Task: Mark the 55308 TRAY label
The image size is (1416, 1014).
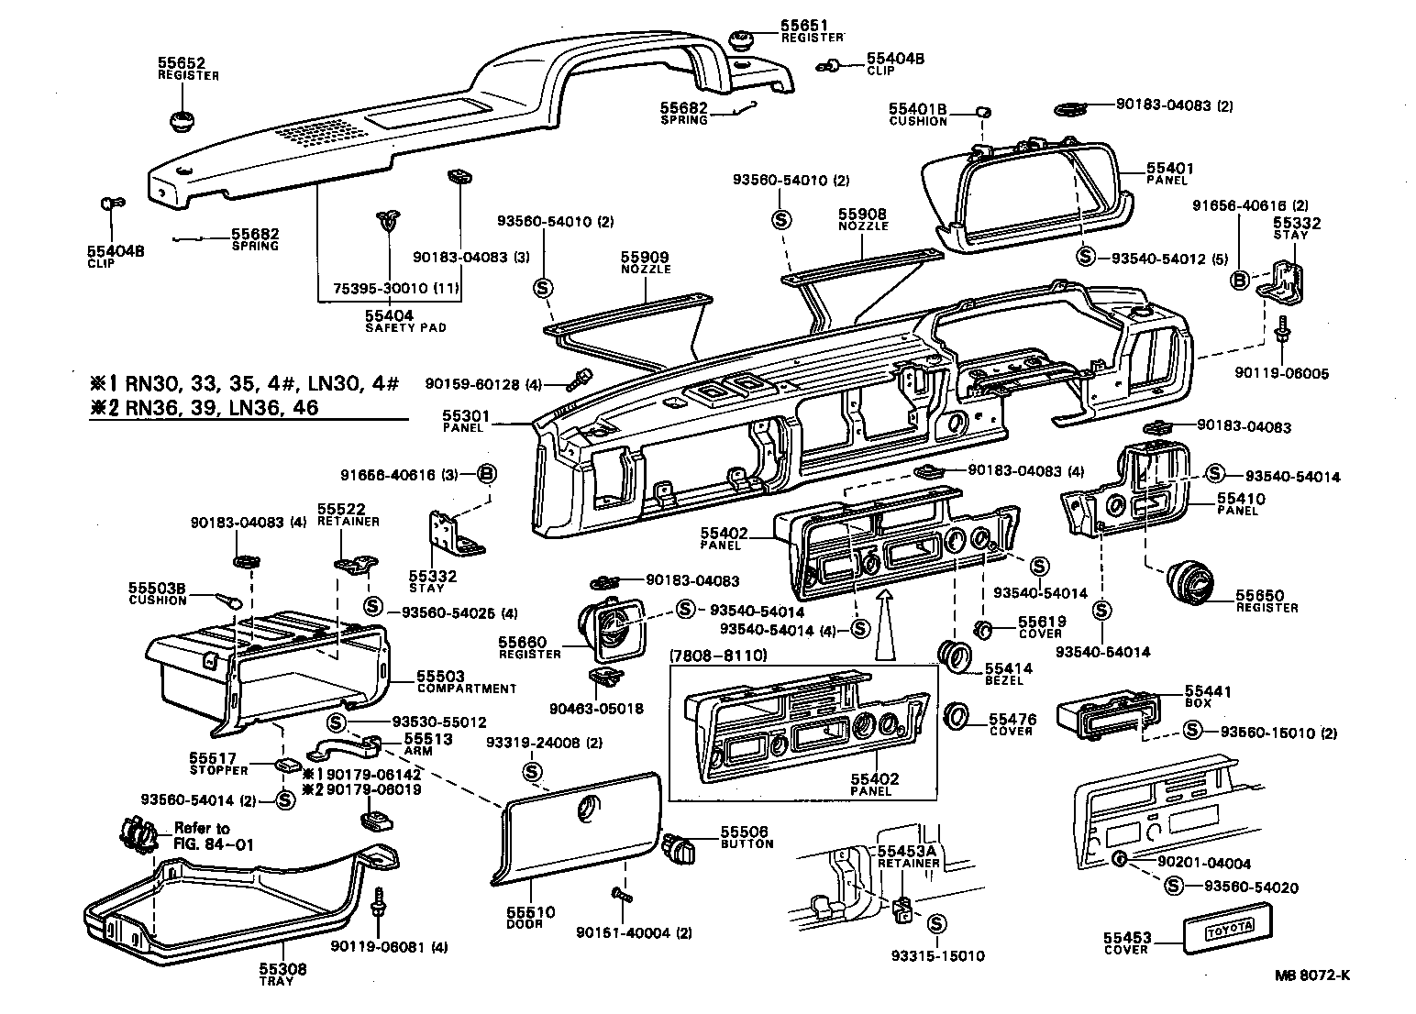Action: (282, 975)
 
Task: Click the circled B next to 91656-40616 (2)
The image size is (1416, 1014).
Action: (1239, 281)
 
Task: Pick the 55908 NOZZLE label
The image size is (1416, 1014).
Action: (863, 219)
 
